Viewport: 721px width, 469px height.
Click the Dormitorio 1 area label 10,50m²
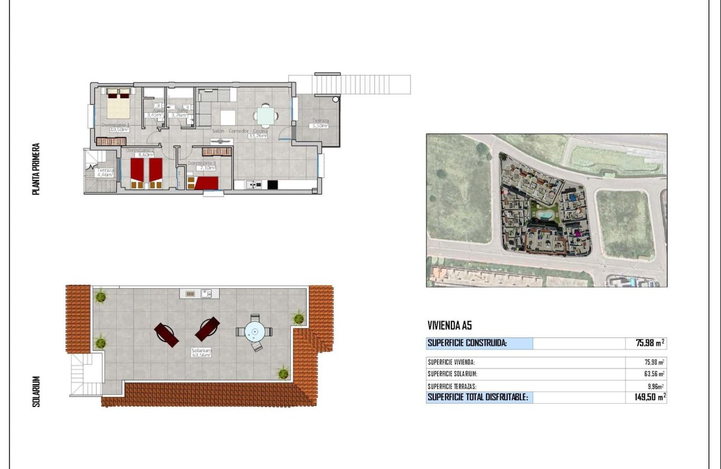tap(120, 130)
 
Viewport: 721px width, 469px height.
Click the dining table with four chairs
tap(266, 116)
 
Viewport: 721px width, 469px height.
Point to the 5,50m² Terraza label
tap(320, 126)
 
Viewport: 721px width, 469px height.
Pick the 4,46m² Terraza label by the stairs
tap(105, 175)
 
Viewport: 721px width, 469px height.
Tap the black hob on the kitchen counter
tap(273, 185)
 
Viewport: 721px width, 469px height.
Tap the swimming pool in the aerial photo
tap(546, 214)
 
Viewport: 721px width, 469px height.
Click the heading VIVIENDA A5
tap(450, 326)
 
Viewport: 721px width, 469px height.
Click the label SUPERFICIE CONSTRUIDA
tap(467, 343)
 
